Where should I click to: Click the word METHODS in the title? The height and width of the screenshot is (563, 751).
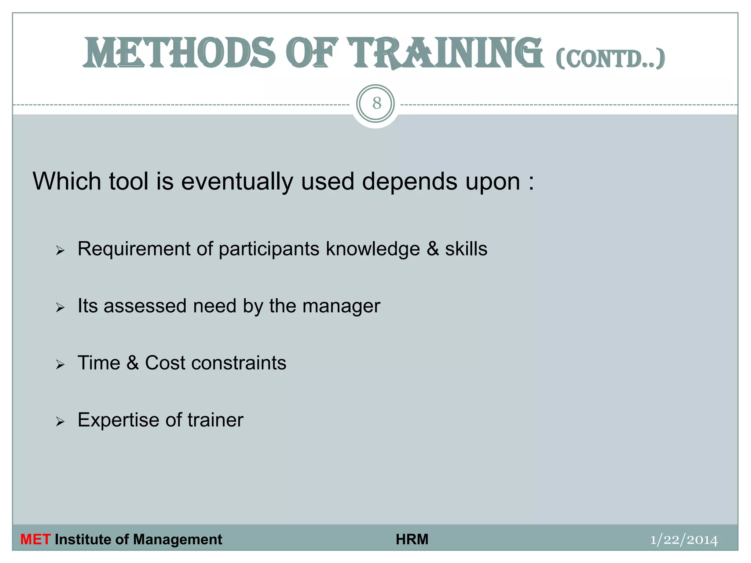pos(179,54)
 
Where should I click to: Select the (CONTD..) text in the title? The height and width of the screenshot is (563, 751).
pos(610,59)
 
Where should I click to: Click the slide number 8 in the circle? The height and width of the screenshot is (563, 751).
pos(376,103)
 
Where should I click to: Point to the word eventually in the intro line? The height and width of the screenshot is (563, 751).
pos(237,181)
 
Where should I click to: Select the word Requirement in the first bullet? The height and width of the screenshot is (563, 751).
pos(134,249)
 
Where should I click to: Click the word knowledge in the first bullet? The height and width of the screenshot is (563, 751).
pos(373,249)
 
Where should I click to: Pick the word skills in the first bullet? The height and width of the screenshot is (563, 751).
pos(466,249)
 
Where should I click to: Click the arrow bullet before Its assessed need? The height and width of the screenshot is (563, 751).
pos(61,308)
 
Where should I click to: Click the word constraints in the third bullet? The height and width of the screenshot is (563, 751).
pos(239,363)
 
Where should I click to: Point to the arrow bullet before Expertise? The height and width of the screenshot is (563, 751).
pos(61,422)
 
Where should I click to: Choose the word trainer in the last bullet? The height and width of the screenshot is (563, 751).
pos(215,420)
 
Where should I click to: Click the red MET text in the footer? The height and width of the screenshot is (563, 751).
pos(35,540)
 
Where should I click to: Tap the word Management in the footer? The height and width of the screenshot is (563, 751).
pos(177,540)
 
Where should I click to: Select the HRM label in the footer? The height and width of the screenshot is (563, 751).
pos(412,540)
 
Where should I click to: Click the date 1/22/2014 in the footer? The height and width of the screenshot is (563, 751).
pos(684,540)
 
